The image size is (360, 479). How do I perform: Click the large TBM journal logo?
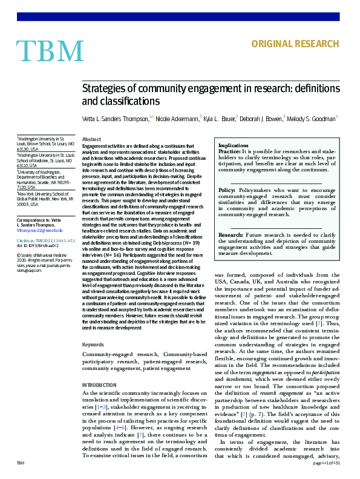click(x=50, y=50)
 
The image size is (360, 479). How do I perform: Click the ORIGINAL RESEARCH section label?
click(x=295, y=44)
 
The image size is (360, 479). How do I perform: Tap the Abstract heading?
click(x=91, y=139)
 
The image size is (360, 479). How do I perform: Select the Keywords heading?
click(x=93, y=345)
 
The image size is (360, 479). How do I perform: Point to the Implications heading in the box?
click(x=233, y=146)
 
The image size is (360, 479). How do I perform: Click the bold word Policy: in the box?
click(x=228, y=190)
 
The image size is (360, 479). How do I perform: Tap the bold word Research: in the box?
click(x=232, y=234)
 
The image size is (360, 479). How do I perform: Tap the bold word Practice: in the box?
click(x=230, y=151)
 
